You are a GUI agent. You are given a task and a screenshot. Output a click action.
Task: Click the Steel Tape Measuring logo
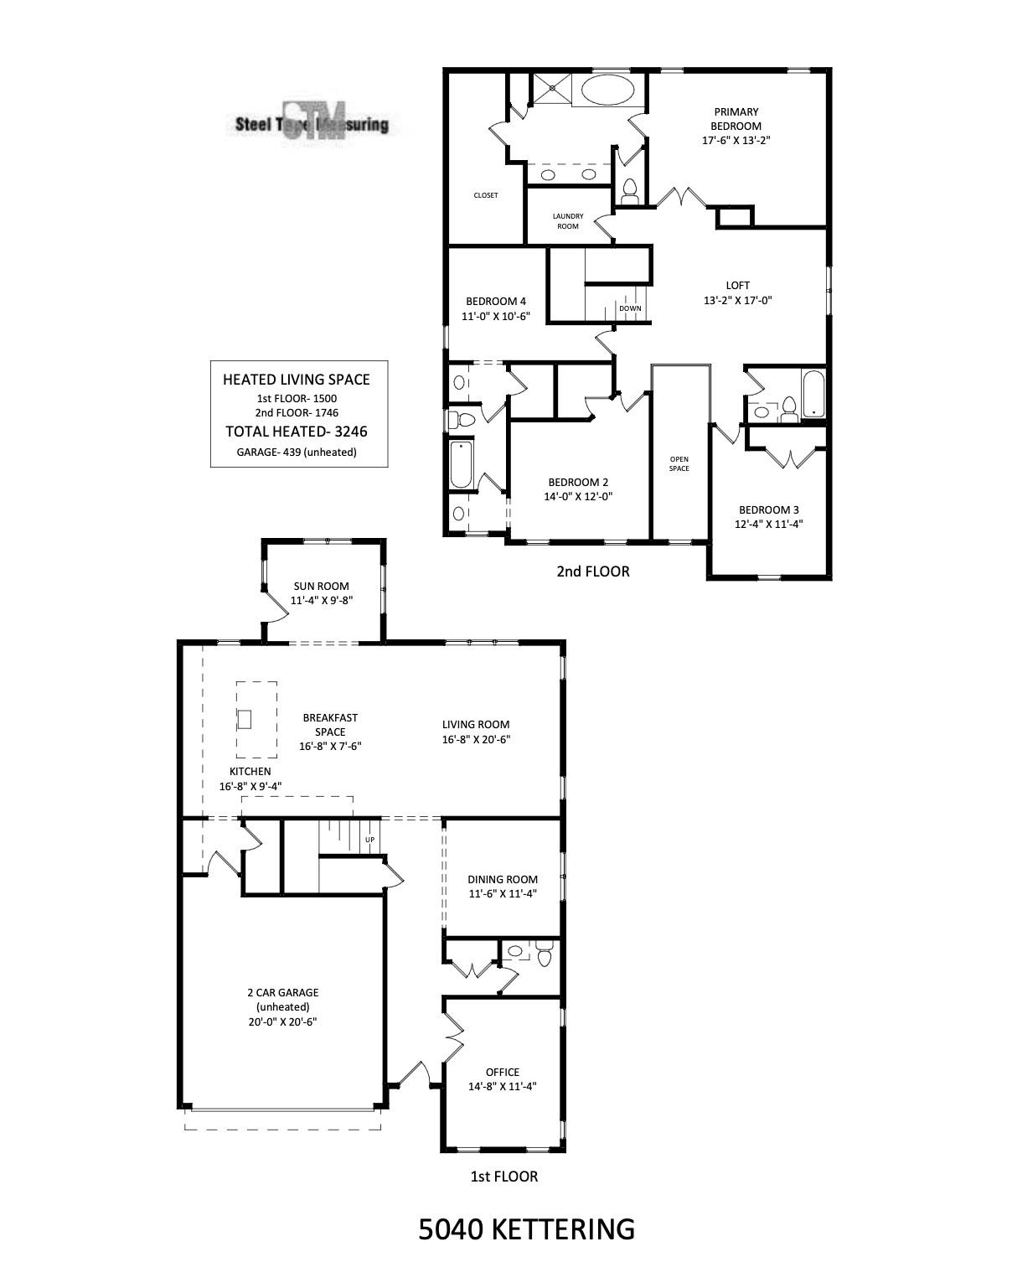(x=312, y=124)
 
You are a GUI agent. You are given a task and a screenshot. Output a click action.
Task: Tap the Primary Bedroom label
(x=736, y=119)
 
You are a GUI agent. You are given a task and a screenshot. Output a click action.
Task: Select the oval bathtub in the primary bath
(x=609, y=90)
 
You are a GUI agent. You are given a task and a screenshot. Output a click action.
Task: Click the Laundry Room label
(x=568, y=221)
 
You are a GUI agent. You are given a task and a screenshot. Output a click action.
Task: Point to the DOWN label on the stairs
(x=630, y=308)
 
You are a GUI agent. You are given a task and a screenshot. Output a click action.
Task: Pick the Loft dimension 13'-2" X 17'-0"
(x=737, y=300)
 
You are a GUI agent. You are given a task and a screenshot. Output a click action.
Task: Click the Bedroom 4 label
(x=496, y=302)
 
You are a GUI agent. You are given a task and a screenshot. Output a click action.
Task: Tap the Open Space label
(x=679, y=463)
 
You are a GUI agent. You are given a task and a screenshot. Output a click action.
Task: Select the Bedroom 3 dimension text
(x=768, y=525)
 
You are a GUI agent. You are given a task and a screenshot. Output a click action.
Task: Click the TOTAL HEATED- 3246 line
(x=297, y=432)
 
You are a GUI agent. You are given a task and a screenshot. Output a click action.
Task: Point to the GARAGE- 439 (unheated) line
(x=297, y=453)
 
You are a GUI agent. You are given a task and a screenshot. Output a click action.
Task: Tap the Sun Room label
(x=321, y=587)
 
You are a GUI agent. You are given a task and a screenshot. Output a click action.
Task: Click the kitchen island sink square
(x=245, y=719)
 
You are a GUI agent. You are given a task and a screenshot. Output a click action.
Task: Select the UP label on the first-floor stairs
(x=369, y=839)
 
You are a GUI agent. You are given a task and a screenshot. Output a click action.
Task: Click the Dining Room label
(x=503, y=879)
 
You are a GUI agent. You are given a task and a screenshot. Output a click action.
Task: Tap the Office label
(x=502, y=1072)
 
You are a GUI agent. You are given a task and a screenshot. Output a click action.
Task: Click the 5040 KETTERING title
(x=526, y=1229)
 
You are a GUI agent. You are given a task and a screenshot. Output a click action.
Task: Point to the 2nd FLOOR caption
(x=592, y=572)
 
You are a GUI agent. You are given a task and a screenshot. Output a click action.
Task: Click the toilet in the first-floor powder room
(x=545, y=954)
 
